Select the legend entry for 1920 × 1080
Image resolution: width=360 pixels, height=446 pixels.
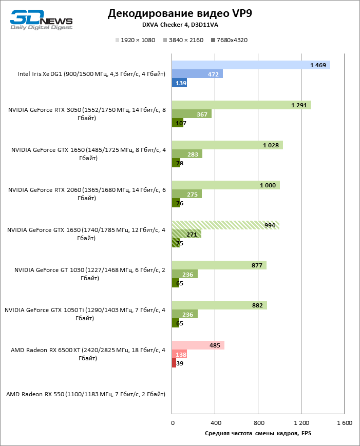[136, 40]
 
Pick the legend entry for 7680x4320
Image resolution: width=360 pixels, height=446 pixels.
[229, 40]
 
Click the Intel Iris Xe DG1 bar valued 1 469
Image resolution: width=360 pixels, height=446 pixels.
[251, 65]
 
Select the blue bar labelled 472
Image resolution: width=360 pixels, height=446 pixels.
[197, 74]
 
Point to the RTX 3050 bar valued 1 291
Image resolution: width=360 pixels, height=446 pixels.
[241, 105]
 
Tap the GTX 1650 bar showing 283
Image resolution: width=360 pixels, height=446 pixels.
[187, 154]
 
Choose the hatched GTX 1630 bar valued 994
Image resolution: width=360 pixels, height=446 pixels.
[225, 225]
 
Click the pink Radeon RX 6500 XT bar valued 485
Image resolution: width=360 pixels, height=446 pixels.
[198, 345]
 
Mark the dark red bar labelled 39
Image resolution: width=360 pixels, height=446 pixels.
[174, 363]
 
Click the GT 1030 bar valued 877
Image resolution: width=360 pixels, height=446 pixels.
[219, 265]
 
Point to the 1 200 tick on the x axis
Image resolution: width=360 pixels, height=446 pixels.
[301, 423]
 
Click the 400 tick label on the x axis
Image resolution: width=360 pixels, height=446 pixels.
[216, 423]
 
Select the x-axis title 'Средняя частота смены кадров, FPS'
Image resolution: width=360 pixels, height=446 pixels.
[258, 434]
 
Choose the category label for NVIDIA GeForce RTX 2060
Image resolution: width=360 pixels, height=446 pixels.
[87, 193]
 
